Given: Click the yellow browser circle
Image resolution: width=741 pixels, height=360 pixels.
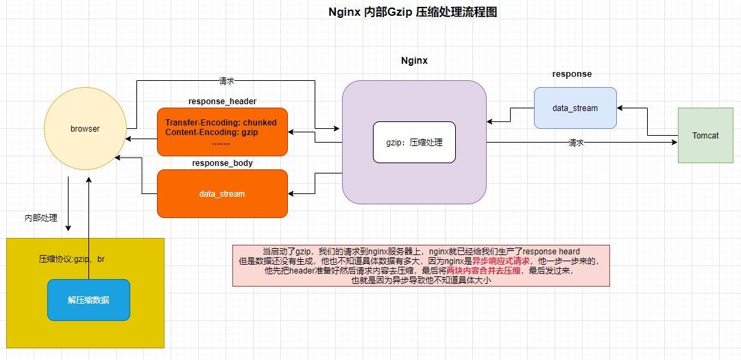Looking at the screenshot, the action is point(86,128).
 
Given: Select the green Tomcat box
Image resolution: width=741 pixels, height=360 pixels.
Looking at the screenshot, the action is point(705,136).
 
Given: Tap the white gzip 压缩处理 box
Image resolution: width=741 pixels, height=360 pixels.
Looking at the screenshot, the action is point(415,142).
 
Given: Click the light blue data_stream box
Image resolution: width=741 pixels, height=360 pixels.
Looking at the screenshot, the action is point(575,108).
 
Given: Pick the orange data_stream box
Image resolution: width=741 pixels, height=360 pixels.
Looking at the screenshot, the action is point(222,193).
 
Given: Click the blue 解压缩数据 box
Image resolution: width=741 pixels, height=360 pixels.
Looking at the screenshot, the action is point(88,300).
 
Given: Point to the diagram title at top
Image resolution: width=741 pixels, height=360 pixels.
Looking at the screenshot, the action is point(413,12).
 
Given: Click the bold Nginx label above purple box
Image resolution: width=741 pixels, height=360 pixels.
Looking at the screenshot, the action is point(415,60).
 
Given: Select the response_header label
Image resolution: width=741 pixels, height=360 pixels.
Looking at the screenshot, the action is point(222,101).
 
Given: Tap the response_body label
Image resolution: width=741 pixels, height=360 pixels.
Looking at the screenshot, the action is point(222,163).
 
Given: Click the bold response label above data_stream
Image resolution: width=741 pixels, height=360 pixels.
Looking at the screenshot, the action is point(572,74).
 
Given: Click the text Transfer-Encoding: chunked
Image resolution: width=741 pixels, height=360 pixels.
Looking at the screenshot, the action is point(221,123).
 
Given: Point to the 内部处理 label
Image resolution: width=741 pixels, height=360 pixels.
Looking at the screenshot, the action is point(40,218).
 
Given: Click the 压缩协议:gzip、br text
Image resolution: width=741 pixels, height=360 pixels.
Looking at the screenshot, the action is point(72,259).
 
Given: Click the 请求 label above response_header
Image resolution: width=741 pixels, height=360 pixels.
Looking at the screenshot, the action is point(226,81).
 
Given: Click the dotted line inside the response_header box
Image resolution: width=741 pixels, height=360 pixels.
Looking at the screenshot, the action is point(221,142).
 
